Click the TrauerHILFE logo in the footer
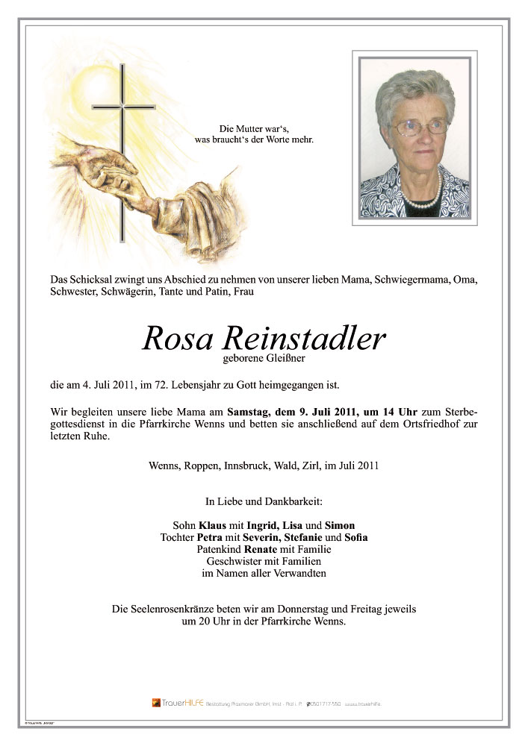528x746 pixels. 177,703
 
